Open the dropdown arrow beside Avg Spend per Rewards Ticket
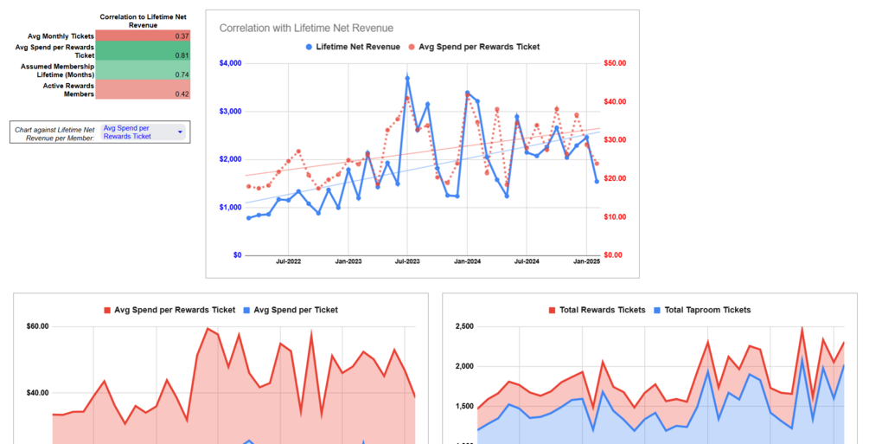[180, 132]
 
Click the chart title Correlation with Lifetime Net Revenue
[306, 29]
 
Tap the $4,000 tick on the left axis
[230, 63]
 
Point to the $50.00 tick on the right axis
[614, 63]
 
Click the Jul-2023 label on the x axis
[407, 261]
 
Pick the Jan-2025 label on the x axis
[587, 261]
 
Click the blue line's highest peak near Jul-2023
[407, 78]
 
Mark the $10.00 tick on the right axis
[614, 216]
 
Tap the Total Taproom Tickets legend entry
[707, 310]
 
